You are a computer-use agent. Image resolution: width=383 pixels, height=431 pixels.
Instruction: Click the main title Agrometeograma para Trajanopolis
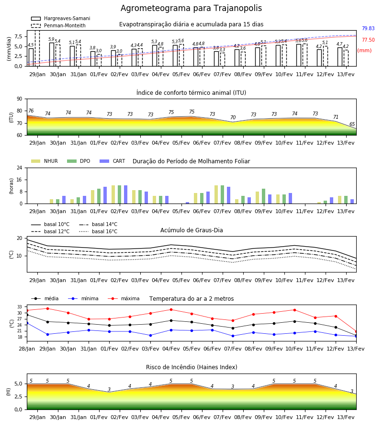191,8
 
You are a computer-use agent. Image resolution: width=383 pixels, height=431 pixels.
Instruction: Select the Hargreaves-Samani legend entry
61,18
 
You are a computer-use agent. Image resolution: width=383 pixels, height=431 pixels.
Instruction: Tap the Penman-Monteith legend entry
58,25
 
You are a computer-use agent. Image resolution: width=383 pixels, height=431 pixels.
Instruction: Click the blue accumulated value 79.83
368,28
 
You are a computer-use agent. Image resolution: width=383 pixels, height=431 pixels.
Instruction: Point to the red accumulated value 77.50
368,40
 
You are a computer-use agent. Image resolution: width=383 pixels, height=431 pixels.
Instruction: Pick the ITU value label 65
352,124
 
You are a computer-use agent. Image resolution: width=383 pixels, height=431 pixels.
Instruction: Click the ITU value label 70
233,117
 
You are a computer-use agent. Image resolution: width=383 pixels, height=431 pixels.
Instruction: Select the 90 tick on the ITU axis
20,99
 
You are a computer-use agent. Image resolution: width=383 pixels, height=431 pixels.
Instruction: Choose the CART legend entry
113,161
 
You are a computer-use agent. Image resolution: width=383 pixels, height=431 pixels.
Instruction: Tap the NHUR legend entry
45,161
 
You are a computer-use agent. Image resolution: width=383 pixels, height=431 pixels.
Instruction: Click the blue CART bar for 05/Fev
187,203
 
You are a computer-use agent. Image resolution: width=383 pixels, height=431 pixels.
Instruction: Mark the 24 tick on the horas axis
20,168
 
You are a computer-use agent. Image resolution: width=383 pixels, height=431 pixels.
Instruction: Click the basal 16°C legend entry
98,231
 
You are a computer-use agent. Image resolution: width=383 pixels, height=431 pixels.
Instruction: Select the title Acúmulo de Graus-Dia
191,230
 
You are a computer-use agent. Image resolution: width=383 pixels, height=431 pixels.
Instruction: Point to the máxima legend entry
124,298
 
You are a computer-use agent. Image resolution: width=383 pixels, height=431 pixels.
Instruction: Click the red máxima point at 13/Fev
356,332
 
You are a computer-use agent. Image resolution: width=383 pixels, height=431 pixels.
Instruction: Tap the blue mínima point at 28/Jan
27,323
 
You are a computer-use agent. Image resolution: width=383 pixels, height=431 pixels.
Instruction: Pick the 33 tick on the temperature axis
20,307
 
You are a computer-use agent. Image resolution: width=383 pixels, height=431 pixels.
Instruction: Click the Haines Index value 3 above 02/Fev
109,389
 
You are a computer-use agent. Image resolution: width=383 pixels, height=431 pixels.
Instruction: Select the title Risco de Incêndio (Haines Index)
191,367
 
